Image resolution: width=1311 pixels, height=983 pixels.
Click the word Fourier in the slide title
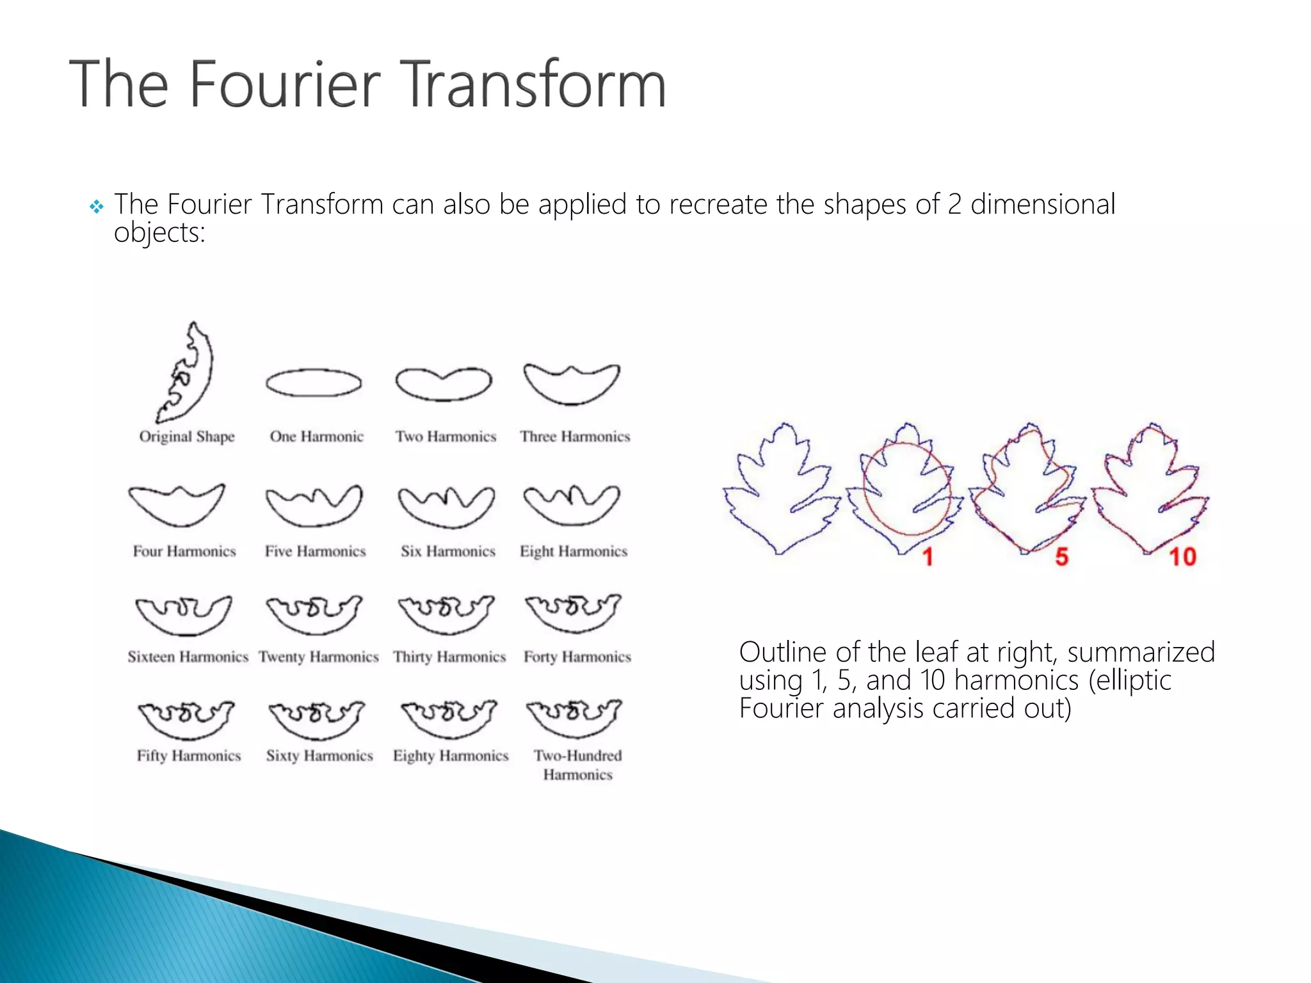click(285, 84)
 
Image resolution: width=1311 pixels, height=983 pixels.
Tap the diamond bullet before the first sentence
click(97, 207)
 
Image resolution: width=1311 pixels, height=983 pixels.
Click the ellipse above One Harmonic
click(314, 383)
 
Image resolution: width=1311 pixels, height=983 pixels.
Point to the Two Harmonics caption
click(446, 436)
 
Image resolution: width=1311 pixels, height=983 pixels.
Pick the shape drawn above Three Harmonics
click(572, 384)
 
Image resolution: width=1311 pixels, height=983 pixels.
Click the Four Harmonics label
click(184, 551)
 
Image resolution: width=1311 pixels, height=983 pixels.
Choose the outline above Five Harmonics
click(314, 506)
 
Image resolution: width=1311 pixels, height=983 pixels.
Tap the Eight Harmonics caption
click(574, 551)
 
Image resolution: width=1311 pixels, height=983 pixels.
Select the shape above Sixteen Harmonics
click(184, 615)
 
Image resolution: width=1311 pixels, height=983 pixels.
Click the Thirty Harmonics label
click(449, 657)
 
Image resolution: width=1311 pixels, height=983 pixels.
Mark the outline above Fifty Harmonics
click(186, 719)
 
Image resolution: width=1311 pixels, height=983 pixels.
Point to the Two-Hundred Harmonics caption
click(578, 765)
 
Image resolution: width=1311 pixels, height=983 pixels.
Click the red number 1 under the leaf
click(928, 557)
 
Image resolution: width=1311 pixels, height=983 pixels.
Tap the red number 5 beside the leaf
click(1062, 557)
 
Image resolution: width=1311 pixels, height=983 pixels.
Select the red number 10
click(1182, 557)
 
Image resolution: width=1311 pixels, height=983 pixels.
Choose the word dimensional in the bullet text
click(1043, 205)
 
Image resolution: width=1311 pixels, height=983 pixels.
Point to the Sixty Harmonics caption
click(319, 756)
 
